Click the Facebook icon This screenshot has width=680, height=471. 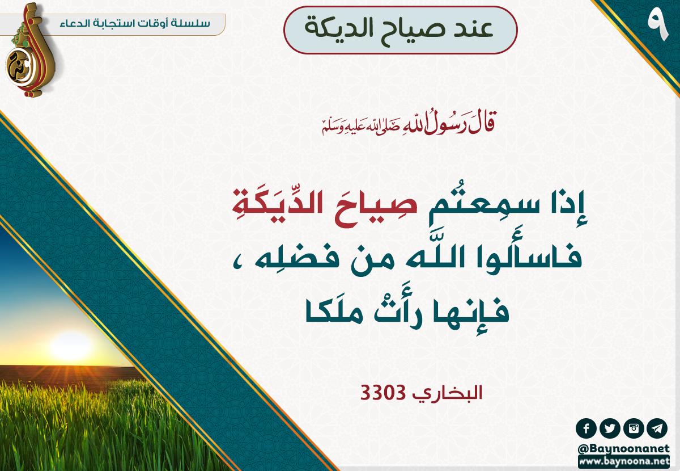pyautogui.click(x=586, y=429)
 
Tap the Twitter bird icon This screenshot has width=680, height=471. pyautogui.click(x=610, y=429)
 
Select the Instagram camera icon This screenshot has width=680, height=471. pyautogui.click(x=634, y=429)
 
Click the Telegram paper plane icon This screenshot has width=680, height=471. pyautogui.click(x=657, y=429)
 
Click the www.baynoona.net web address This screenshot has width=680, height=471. pyautogui.click(x=624, y=461)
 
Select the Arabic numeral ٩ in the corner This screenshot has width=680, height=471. pyautogui.click(x=657, y=27)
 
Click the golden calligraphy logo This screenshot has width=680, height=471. pyautogui.click(x=29, y=50)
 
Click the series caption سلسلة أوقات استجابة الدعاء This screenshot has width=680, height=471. pyautogui.click(x=135, y=23)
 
